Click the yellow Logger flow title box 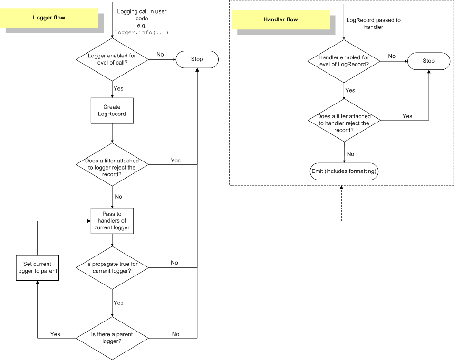point(49,18)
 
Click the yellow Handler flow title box point(280,19)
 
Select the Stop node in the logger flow point(197,59)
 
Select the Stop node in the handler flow point(428,61)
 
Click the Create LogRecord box point(112,111)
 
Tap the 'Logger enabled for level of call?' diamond point(112,59)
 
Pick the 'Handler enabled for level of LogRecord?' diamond point(344,61)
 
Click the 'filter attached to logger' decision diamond point(112,164)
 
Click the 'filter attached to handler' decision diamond point(344,120)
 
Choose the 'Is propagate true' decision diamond point(112,267)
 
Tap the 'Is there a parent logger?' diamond point(112,338)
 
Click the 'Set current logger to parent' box point(37,267)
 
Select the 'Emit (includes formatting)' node point(344,171)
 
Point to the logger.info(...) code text point(142,33)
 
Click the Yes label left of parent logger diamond point(55,334)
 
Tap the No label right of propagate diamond point(174,263)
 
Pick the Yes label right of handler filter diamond point(407,116)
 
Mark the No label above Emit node point(350,154)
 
